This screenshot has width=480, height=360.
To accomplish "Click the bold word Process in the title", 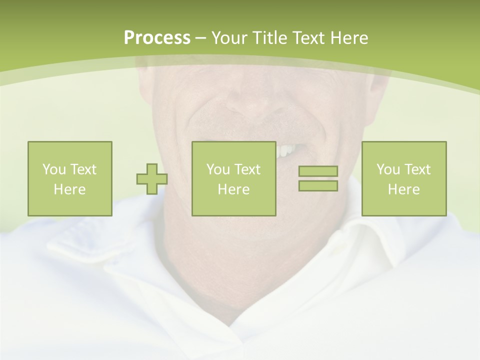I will [x=157, y=38].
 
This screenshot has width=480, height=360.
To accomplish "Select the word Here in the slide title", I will [x=349, y=38].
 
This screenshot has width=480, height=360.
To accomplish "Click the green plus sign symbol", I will [x=152, y=179].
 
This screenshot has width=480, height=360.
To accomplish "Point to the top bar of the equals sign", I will [x=318, y=171].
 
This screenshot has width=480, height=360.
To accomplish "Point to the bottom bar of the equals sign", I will [x=318, y=185].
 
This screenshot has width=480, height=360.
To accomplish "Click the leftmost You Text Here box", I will [x=69, y=178].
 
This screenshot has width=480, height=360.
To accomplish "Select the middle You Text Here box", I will [x=233, y=178].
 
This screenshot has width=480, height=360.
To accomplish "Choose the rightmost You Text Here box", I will [x=403, y=178].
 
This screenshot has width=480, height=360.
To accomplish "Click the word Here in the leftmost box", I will [x=69, y=189].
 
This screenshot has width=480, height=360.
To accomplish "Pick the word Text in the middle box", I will [x=247, y=169].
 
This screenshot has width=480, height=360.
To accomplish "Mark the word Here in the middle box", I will [x=233, y=189].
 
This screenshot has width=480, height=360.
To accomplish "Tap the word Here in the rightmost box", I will [x=403, y=189].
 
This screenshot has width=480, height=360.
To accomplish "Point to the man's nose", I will [x=245, y=100].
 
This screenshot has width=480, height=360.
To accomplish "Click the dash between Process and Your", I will [x=200, y=38].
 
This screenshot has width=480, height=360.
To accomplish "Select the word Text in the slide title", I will [x=309, y=38].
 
